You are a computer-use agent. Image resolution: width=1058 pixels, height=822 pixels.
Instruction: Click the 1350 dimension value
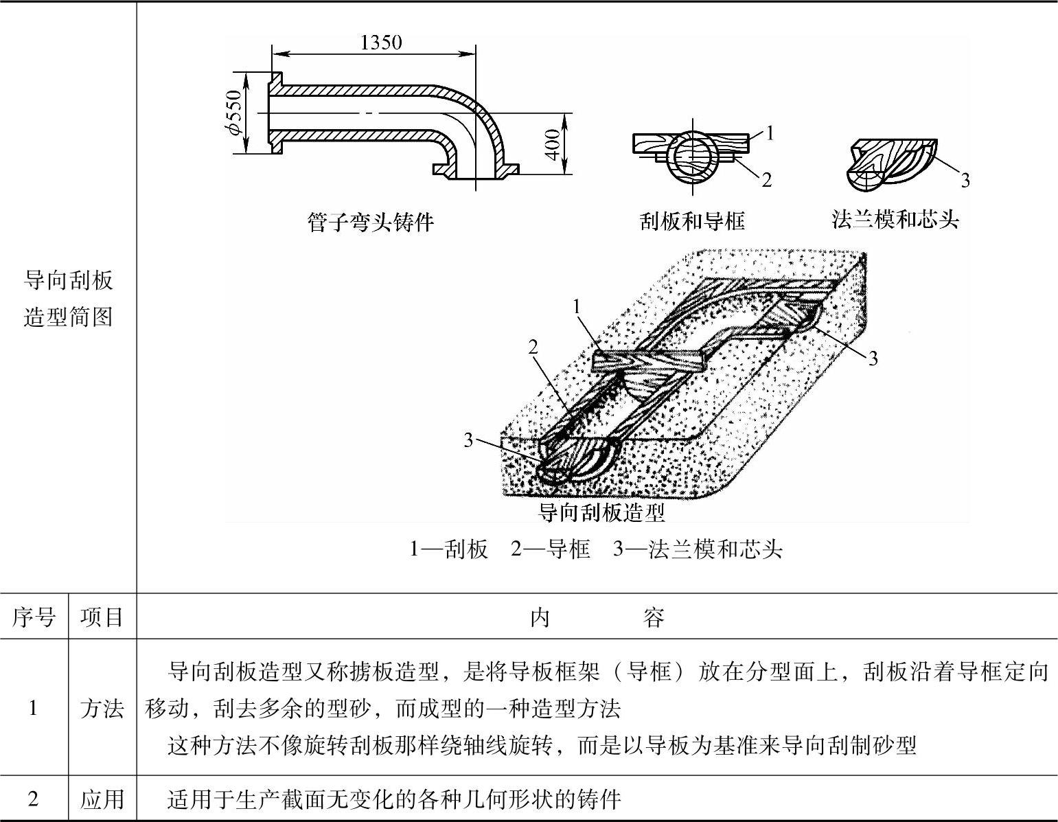pyautogui.click(x=381, y=43)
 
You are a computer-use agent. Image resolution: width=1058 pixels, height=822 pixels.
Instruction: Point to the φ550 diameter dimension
pyautogui.click(x=235, y=113)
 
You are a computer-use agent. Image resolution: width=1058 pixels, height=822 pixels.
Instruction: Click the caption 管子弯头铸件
pyautogui.click(x=370, y=222)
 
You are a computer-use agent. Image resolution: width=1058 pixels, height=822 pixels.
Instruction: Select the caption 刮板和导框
pyautogui.click(x=692, y=221)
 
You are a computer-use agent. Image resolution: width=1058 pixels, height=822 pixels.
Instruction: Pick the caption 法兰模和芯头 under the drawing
pyautogui.click(x=895, y=220)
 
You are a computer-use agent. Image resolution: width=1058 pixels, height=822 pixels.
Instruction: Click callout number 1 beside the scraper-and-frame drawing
pyautogui.click(x=770, y=133)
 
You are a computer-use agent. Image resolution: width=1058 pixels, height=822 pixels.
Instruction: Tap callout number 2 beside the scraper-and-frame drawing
pyautogui.click(x=767, y=180)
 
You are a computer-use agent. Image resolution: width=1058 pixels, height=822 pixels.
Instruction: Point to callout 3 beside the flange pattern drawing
pyautogui.click(x=965, y=181)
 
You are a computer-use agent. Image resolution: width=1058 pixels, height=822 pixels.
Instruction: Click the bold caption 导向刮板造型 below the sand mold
pyautogui.click(x=601, y=512)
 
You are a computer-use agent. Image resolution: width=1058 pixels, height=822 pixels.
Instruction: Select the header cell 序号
pyautogui.click(x=34, y=617)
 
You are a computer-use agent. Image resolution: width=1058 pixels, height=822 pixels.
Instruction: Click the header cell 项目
pyautogui.click(x=102, y=617)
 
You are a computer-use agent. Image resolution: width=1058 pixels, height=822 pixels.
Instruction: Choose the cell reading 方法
pyautogui.click(x=102, y=708)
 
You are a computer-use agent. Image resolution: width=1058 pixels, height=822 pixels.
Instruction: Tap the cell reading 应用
pyautogui.click(x=102, y=799)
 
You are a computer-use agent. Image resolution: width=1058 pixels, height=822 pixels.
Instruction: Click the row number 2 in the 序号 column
pyautogui.click(x=34, y=799)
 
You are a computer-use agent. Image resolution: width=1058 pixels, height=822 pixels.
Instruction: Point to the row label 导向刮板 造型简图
pyautogui.click(x=68, y=299)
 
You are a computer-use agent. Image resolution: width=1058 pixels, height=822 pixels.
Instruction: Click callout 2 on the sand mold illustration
pyautogui.click(x=533, y=347)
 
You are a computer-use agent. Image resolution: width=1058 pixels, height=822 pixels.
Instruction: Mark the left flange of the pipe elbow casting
pyautogui.click(x=274, y=113)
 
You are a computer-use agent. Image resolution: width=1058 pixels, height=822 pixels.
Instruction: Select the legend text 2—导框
pyautogui.click(x=550, y=549)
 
